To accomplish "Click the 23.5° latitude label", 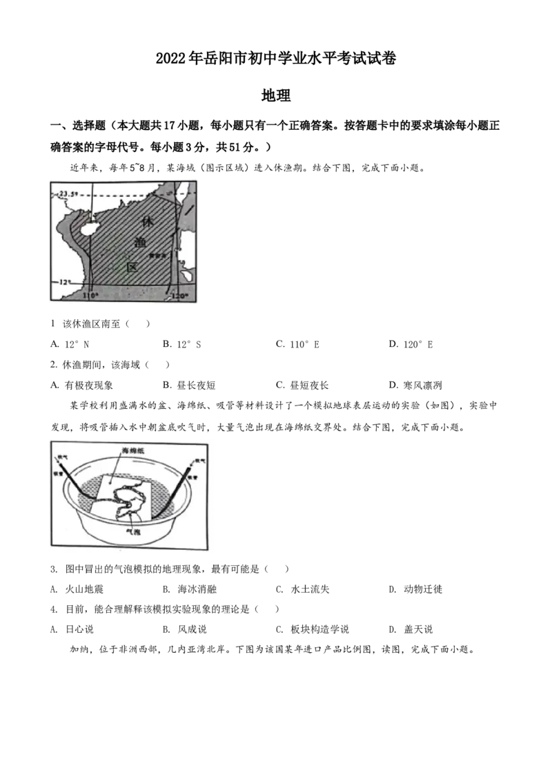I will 68,193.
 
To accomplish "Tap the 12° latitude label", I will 64,283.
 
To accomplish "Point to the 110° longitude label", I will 90,296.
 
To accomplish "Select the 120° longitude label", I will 179,296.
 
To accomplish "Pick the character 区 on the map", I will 132,267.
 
